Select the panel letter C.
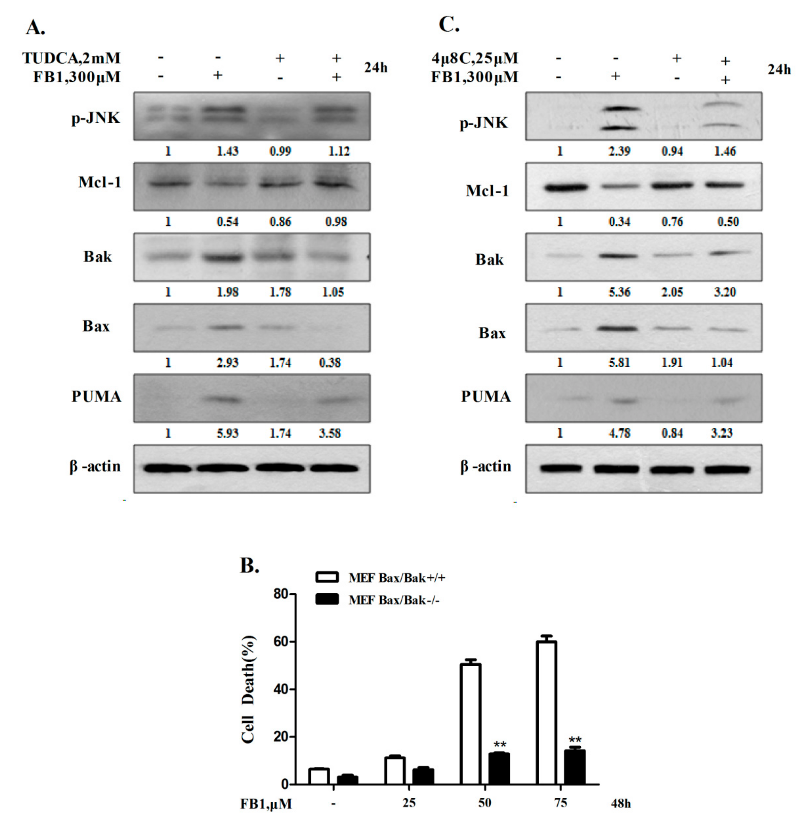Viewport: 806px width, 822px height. (x=449, y=24)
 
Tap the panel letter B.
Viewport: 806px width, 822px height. (x=249, y=565)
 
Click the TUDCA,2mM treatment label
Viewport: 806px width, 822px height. (x=71, y=58)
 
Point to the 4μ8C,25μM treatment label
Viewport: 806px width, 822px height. (x=474, y=58)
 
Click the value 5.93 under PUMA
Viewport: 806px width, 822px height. (x=227, y=433)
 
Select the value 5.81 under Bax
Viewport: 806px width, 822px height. (x=619, y=363)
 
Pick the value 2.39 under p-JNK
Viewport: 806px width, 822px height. (x=619, y=151)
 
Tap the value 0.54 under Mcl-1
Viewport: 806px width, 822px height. (x=227, y=222)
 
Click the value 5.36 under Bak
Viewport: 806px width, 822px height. (x=619, y=292)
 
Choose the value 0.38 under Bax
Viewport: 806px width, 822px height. (x=330, y=363)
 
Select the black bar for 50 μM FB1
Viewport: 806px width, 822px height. (x=499, y=769)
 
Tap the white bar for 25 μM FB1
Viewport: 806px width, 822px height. (x=394, y=771)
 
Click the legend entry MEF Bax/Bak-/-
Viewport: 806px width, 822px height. (x=394, y=600)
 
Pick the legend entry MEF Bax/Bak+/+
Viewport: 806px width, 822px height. (x=397, y=578)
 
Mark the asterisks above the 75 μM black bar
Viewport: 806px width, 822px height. (x=575, y=740)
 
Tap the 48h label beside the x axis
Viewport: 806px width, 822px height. (x=621, y=803)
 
